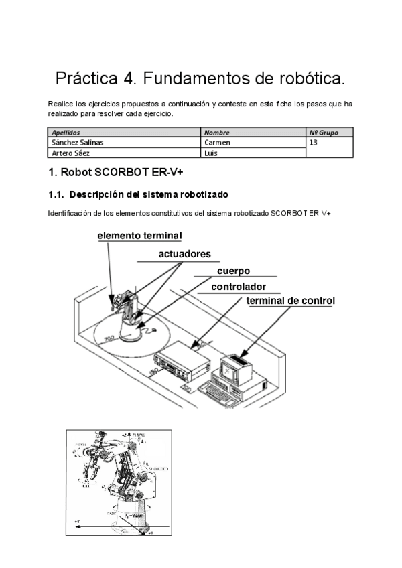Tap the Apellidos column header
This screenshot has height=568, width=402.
pyautogui.click(x=66, y=133)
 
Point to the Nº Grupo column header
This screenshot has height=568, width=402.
pyautogui.click(x=324, y=133)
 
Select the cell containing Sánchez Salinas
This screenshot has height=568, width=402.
pyautogui.click(x=78, y=142)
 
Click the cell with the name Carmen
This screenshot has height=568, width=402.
pyautogui.click(x=217, y=142)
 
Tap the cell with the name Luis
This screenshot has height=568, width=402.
pyautogui.click(x=210, y=152)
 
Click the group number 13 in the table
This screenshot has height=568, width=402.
pyautogui.click(x=314, y=142)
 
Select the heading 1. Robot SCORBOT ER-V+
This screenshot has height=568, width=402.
pyautogui.click(x=115, y=173)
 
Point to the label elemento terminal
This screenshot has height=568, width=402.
pyautogui.click(x=139, y=236)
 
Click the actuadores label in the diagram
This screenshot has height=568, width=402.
pyautogui.click(x=184, y=254)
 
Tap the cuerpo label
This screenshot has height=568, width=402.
pyautogui.click(x=233, y=271)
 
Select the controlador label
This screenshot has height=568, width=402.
pyautogui.click(x=239, y=287)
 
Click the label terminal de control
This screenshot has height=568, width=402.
pyautogui.click(x=290, y=301)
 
